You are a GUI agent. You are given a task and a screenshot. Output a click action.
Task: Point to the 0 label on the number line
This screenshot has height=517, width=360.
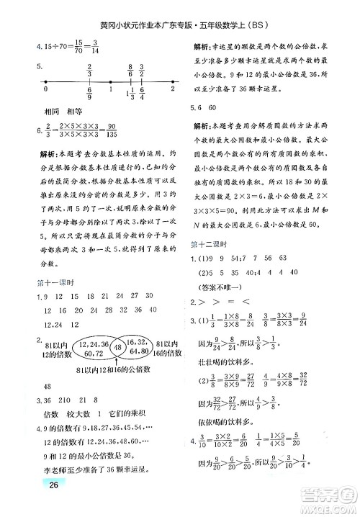pyautogui.click(x=45, y=91)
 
